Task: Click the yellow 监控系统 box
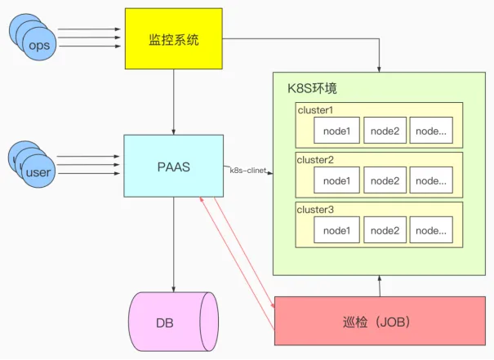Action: (x=173, y=38)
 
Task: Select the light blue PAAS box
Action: (x=173, y=167)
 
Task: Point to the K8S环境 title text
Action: (x=312, y=88)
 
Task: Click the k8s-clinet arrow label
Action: (x=248, y=171)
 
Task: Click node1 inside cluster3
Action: (x=336, y=231)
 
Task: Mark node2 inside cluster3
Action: (x=385, y=231)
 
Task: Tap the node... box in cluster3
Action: (x=430, y=231)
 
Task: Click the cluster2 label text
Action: (x=315, y=160)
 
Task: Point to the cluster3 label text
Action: (x=315, y=210)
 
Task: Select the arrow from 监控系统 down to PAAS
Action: (x=173, y=101)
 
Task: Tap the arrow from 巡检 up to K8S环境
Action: (x=380, y=287)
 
